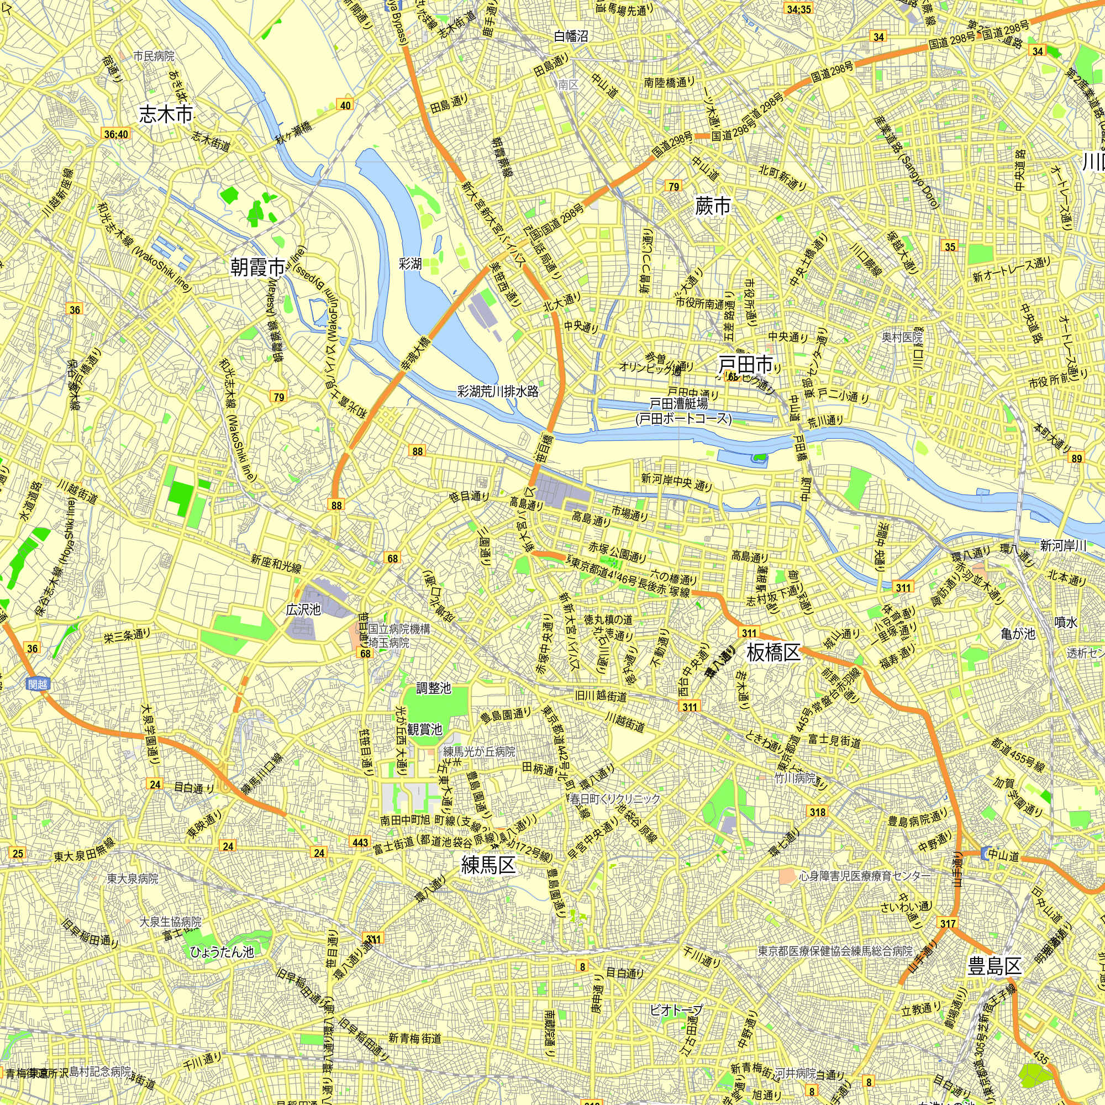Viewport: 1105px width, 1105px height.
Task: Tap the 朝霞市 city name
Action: pyautogui.click(x=257, y=266)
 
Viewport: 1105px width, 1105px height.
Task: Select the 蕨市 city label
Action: pyautogui.click(x=713, y=206)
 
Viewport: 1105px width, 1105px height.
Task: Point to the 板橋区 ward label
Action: pyautogui.click(x=773, y=652)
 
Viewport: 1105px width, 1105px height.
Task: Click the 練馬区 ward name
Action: pyautogui.click(x=488, y=865)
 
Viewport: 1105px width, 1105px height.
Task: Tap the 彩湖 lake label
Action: pyautogui.click(x=410, y=264)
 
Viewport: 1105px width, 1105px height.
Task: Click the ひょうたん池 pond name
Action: pyautogui.click(x=222, y=952)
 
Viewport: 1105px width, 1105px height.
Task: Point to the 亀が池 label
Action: pyautogui.click(x=1018, y=634)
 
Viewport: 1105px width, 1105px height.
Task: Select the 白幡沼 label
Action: pyautogui.click(x=570, y=36)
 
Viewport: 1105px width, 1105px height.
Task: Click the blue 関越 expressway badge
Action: pyautogui.click(x=37, y=684)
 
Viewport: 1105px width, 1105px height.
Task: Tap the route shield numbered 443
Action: pyautogui.click(x=360, y=842)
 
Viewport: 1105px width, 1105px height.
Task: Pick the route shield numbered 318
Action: pyautogui.click(x=817, y=812)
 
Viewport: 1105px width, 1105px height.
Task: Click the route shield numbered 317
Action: pyautogui.click(x=947, y=923)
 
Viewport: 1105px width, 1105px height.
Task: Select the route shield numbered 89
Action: pyautogui.click(x=1077, y=458)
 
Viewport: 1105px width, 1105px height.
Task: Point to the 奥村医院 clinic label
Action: pyautogui.click(x=902, y=338)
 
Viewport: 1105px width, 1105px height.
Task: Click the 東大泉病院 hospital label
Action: pyautogui.click(x=133, y=878)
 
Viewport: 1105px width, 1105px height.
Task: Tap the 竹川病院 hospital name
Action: pyautogui.click(x=795, y=777)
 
